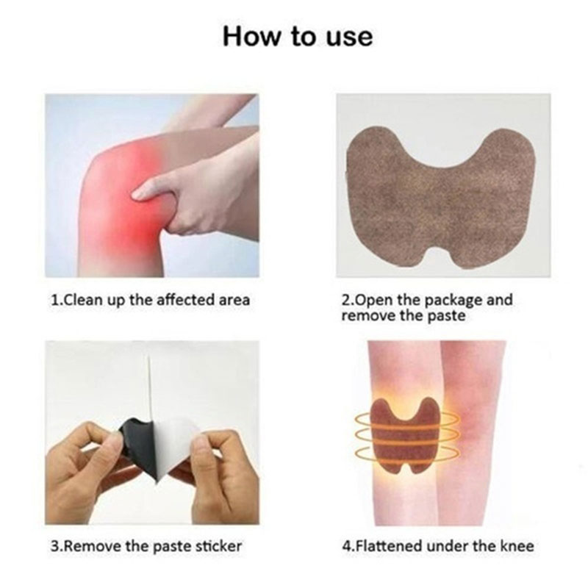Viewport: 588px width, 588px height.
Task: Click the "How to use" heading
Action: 298,37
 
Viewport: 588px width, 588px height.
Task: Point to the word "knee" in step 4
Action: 517,546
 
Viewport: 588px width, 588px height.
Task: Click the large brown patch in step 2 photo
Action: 440,198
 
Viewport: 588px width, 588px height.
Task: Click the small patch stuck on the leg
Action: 406,435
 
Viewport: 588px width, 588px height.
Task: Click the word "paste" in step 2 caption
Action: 446,316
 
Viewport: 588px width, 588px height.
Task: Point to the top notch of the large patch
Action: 440,163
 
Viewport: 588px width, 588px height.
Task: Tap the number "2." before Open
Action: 347,300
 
